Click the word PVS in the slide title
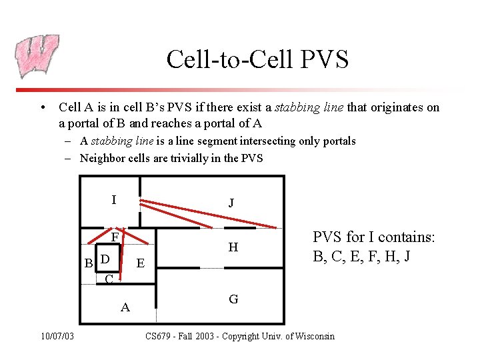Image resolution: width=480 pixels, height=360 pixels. tap(324, 59)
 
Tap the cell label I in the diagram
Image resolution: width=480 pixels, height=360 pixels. tap(114, 199)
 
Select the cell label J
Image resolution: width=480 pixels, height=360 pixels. tap(231, 203)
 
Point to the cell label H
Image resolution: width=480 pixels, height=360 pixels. tap(233, 247)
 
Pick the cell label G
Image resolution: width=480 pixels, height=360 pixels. tap(233, 299)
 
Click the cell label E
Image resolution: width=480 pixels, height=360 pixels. tap(140, 263)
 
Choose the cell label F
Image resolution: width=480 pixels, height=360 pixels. tap(115, 237)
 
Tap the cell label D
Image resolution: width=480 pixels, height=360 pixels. tap(105, 258)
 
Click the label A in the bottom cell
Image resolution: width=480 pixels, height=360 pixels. tap(125, 307)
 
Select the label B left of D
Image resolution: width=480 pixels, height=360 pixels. tap(88, 263)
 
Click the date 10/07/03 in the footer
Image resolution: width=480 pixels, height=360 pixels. tap(56, 336)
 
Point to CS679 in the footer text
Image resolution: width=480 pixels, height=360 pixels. tap(160, 336)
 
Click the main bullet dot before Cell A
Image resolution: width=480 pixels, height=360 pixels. tap(43, 108)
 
